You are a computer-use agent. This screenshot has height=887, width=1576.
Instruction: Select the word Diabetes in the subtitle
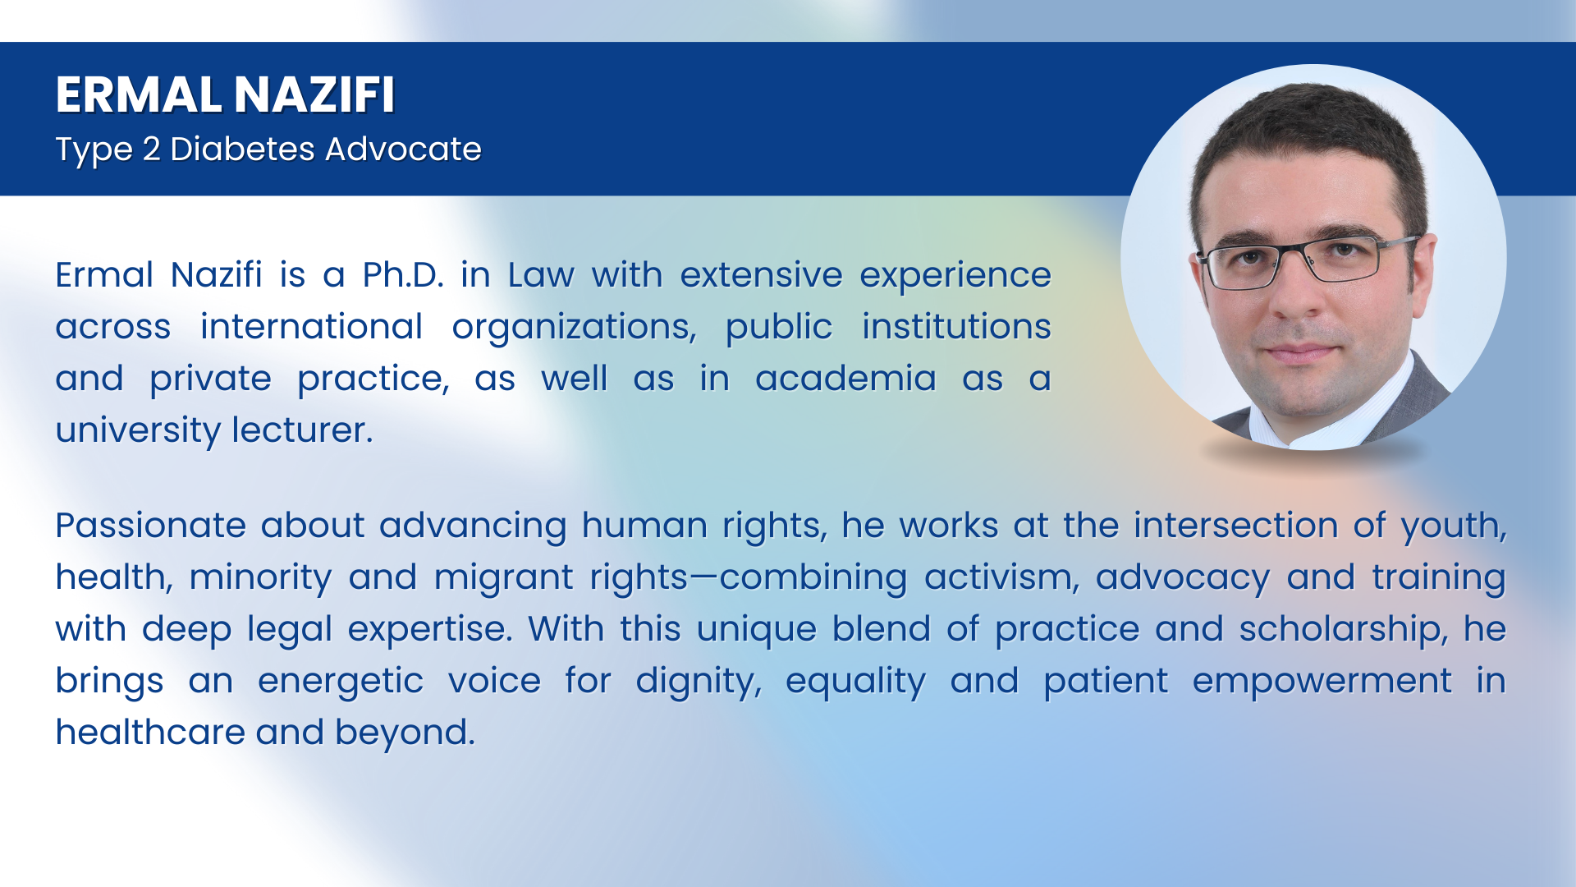242,149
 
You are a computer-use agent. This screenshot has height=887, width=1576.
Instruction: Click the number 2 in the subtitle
151,149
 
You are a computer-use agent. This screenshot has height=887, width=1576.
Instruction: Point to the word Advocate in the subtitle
403,149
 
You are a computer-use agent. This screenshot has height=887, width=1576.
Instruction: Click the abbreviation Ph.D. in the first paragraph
403,275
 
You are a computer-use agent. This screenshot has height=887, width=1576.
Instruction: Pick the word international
312,327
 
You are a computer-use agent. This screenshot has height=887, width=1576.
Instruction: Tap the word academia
845,379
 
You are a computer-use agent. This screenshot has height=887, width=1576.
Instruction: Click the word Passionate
151,526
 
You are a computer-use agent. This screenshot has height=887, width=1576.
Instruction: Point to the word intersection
1236,526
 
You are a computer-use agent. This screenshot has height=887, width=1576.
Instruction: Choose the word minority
260,577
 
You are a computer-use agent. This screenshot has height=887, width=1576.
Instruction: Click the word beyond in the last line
405,733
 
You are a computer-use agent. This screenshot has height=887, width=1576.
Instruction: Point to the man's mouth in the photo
1300,351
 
